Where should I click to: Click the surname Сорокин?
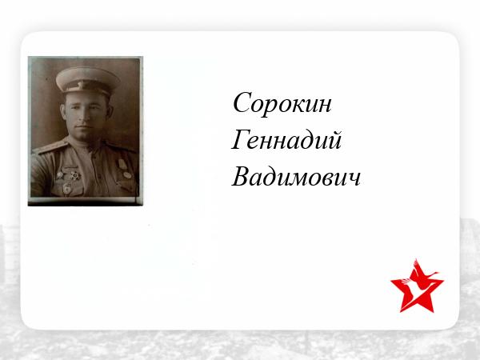coord(282,103)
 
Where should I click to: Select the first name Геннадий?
coord(286,140)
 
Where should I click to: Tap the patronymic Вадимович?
coord(296,177)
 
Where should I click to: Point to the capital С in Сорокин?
coord(242,102)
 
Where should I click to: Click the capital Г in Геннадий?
coord(239,139)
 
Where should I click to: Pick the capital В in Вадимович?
coord(241,176)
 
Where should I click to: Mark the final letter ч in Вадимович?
coord(354,180)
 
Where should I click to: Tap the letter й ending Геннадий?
coord(334,140)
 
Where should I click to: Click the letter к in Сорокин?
coord(298,107)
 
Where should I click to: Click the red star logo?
coord(417,288)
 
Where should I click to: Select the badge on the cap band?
coord(81,85)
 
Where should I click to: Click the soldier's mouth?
coord(85,126)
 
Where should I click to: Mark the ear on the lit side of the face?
coord(63,112)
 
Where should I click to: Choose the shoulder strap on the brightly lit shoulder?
coord(51,146)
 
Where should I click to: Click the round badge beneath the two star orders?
coord(67,189)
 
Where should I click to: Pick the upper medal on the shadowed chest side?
coord(122,164)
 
